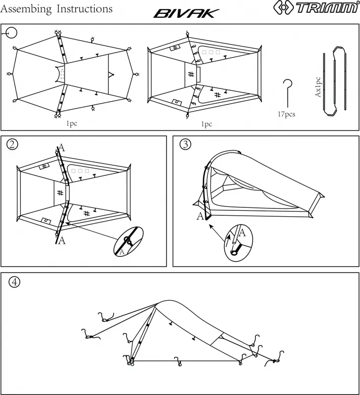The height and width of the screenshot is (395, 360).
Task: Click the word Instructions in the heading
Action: (x=84, y=9)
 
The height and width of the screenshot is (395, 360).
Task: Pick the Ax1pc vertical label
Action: (x=318, y=86)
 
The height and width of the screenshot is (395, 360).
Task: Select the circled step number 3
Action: (x=186, y=144)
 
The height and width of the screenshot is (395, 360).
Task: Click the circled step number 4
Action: (x=15, y=282)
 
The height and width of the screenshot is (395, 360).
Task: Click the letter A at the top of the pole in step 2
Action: (x=61, y=147)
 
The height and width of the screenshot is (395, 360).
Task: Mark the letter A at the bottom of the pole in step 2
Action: (x=61, y=240)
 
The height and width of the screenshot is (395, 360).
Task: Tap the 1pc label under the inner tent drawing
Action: (x=206, y=124)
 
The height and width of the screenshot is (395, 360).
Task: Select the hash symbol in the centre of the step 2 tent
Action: (x=60, y=193)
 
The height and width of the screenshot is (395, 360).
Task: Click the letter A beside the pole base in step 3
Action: (x=200, y=216)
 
